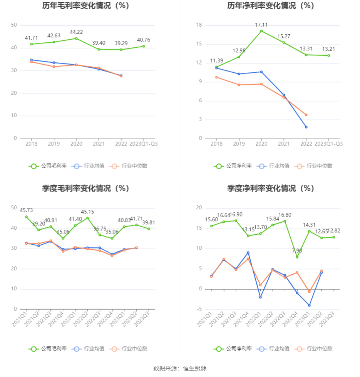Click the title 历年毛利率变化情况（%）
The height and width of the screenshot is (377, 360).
click(x=85, y=6)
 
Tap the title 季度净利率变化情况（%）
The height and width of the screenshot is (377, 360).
click(x=270, y=188)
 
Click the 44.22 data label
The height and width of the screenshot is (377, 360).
click(x=76, y=32)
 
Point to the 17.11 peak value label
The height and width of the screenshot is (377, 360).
click(x=261, y=25)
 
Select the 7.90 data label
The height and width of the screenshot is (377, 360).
click(x=297, y=251)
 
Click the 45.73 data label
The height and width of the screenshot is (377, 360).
click(x=26, y=210)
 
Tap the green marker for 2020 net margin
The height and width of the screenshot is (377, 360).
click(x=261, y=31)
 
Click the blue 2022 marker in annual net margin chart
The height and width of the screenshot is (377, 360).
click(x=306, y=127)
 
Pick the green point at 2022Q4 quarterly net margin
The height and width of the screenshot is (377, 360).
click(x=297, y=257)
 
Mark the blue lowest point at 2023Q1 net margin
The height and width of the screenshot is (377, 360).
click(x=309, y=305)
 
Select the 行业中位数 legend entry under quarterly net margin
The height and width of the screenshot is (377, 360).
click(x=314, y=349)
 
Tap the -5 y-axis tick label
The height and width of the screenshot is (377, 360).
click(x=199, y=309)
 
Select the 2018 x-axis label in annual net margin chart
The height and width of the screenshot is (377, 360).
click(x=216, y=144)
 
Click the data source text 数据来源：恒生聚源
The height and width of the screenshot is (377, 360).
click(x=180, y=368)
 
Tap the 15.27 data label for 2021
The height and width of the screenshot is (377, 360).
click(x=284, y=36)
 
